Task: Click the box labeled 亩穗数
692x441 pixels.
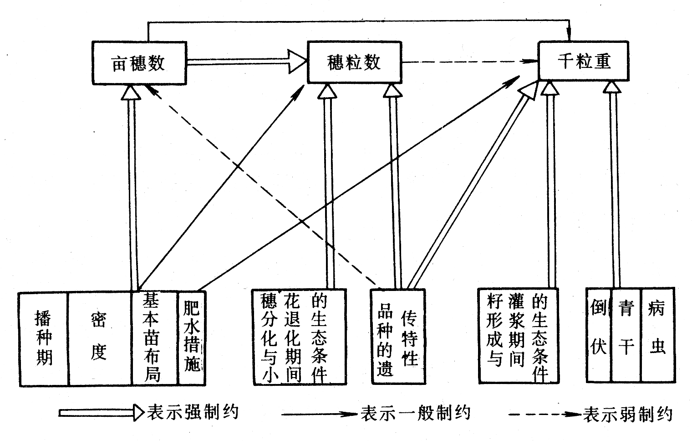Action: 139,63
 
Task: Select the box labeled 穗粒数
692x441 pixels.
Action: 354,62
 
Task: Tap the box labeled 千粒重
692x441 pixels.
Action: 583,61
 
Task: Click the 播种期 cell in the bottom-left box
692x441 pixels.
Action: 44,338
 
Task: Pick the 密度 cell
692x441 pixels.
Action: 99,338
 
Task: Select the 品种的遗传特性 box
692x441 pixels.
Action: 398,337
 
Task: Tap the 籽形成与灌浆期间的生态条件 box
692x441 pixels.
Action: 518,336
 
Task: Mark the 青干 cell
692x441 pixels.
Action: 626,334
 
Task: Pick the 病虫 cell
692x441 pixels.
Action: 657,334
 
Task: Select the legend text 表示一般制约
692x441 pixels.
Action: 415,413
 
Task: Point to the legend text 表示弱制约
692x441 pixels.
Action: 627,414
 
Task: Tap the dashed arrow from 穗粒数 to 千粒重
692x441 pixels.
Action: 469,62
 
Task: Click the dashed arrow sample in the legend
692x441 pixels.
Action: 544,415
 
